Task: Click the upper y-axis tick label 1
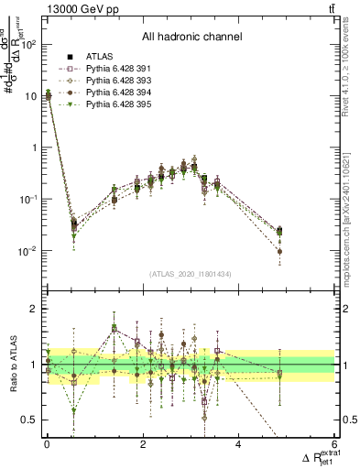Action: click(32, 147)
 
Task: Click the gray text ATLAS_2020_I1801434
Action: click(191, 274)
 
